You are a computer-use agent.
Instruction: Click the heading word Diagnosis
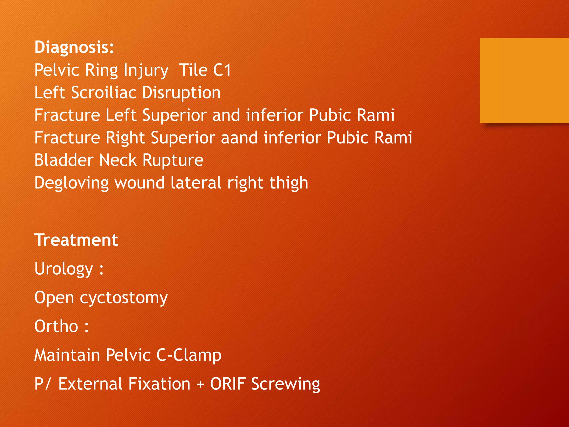[74, 47]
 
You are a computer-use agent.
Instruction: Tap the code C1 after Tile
[222, 70]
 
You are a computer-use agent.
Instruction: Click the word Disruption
[181, 93]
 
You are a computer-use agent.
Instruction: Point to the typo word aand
[239, 138]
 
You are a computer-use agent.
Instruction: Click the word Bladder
[64, 160]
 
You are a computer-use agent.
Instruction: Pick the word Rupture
[173, 160]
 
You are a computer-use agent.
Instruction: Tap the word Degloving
[71, 183]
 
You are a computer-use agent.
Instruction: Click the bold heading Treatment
[76, 240]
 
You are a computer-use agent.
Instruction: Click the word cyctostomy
[124, 298]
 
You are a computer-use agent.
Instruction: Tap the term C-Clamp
[189, 355]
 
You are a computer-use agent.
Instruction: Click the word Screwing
[286, 384]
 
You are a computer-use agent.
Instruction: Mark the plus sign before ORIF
[200, 384]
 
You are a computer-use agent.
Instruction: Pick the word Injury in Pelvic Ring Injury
[146, 70]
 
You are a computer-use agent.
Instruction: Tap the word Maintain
[67, 355]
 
